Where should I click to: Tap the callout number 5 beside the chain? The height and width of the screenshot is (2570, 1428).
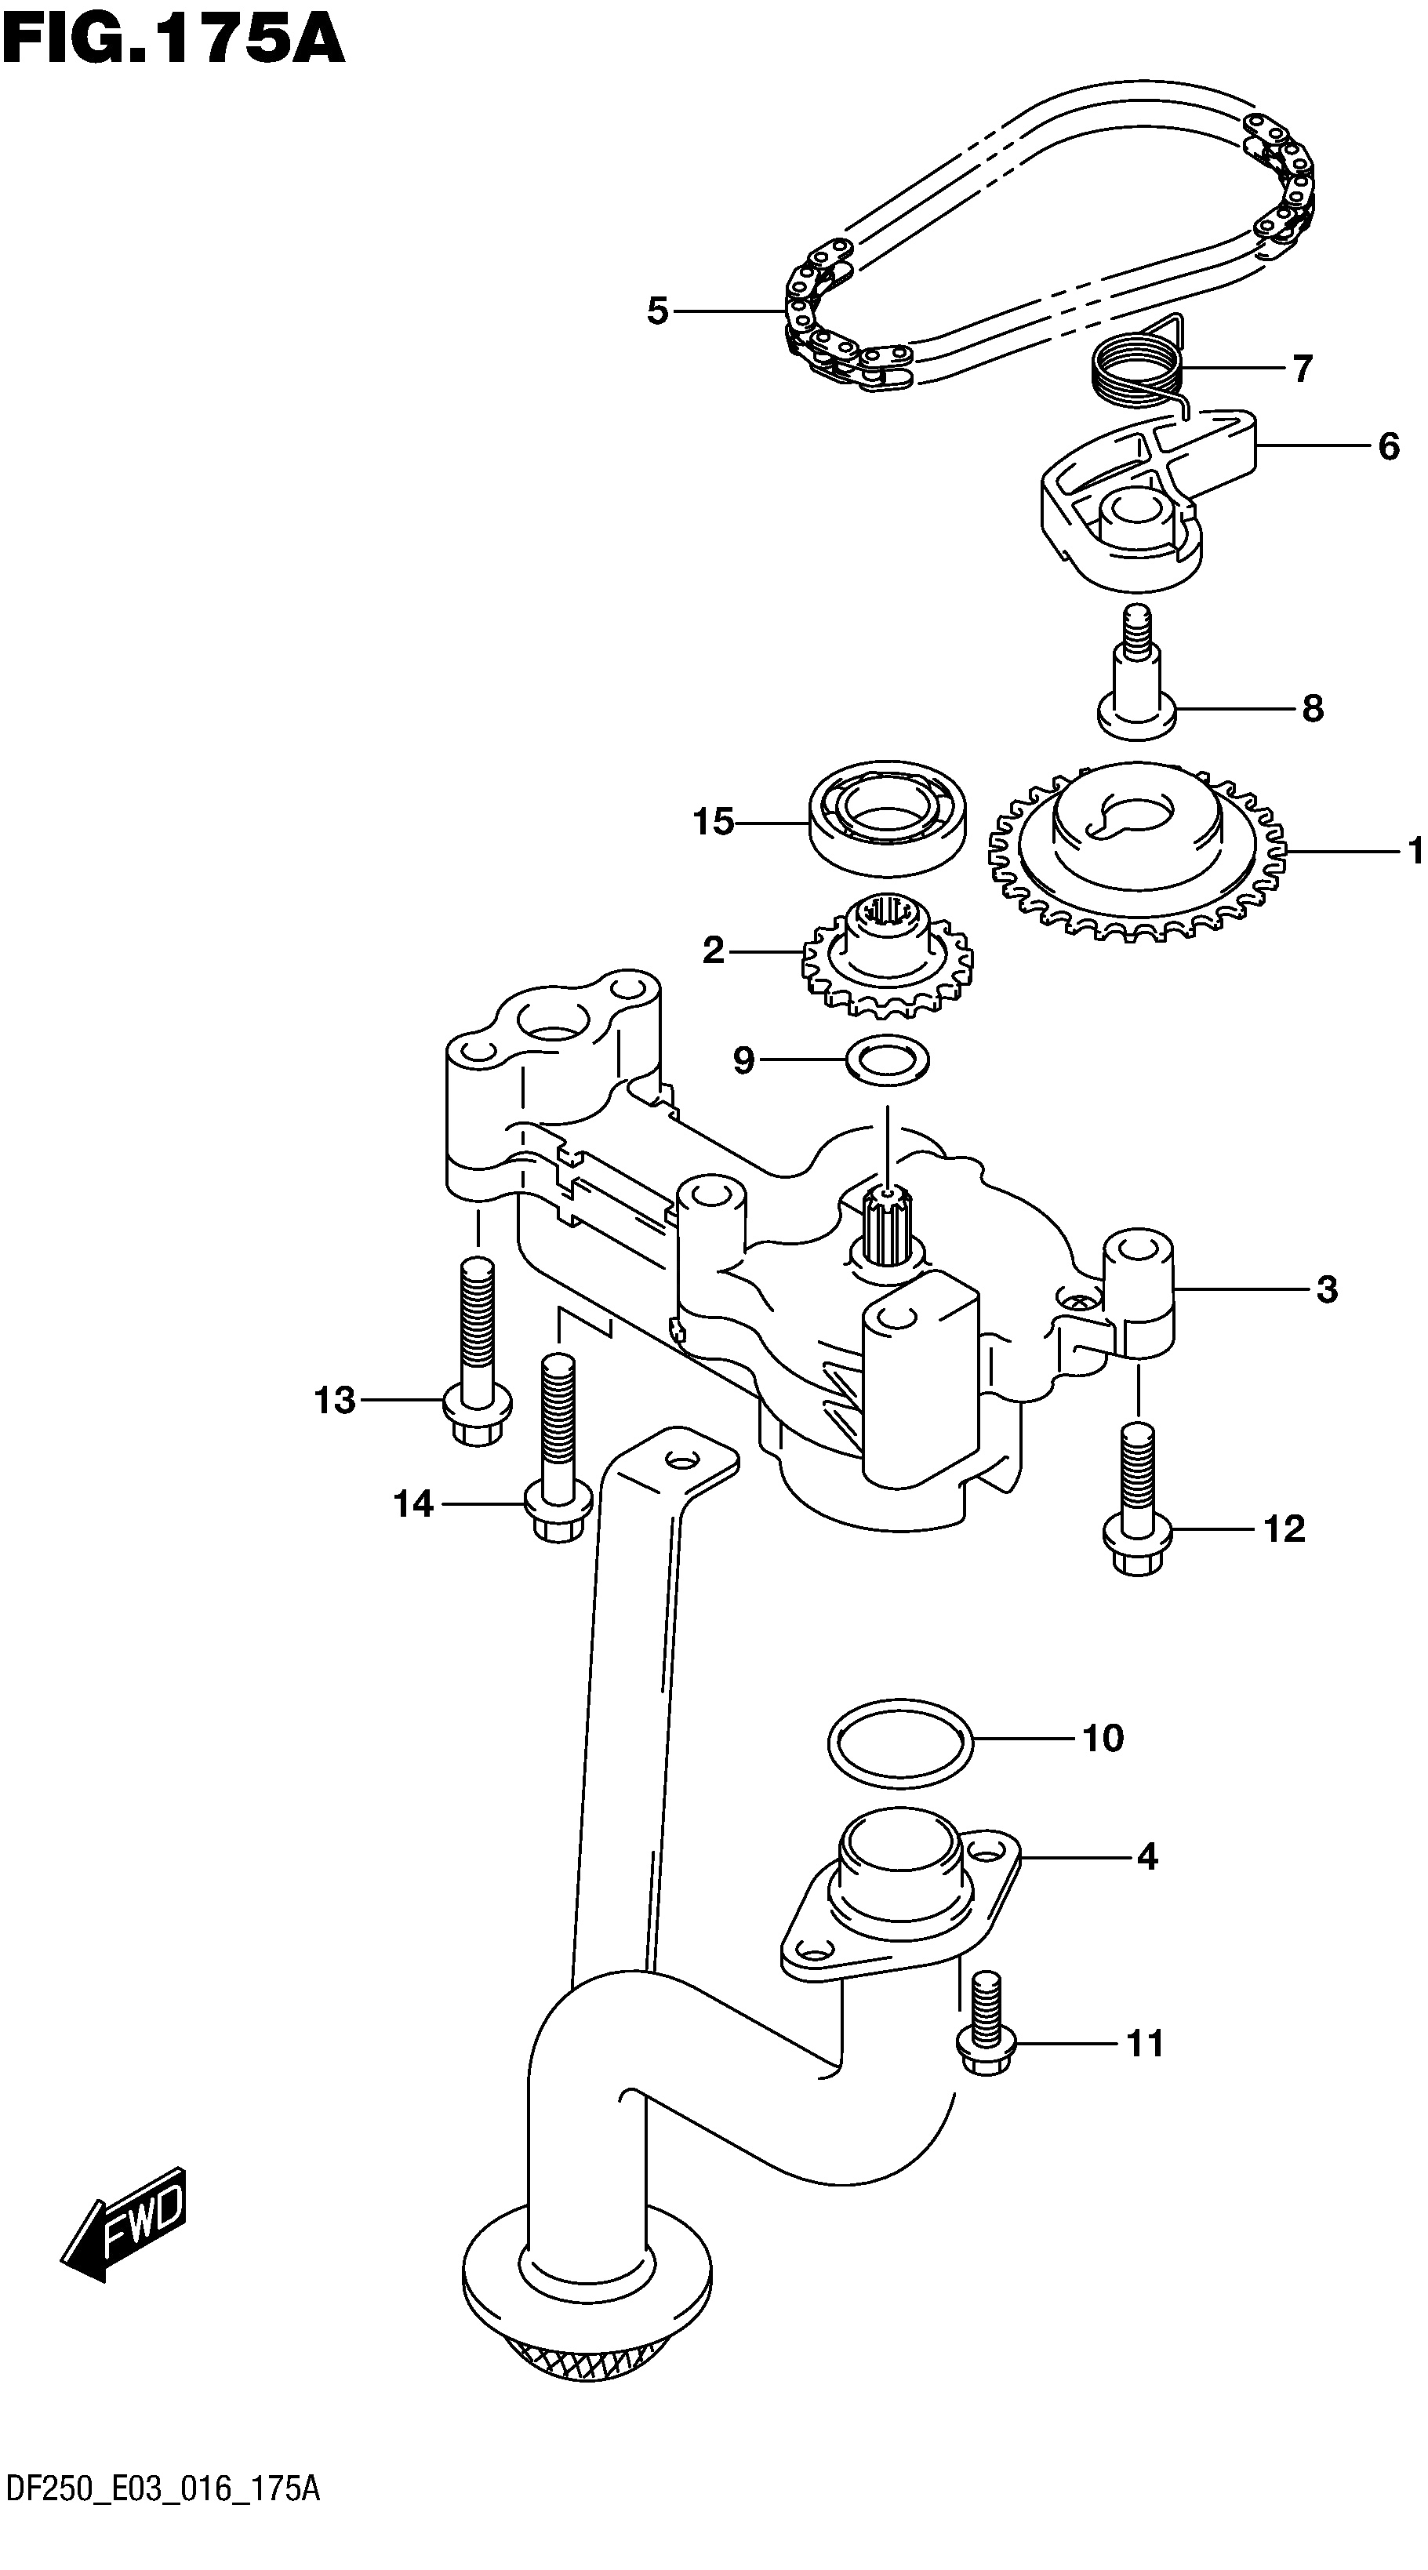click(656, 311)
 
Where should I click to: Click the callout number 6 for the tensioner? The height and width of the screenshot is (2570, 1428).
click(1388, 446)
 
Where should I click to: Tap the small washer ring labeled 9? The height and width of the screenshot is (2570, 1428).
click(887, 1060)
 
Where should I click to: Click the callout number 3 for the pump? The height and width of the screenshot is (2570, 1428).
click(1326, 1290)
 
